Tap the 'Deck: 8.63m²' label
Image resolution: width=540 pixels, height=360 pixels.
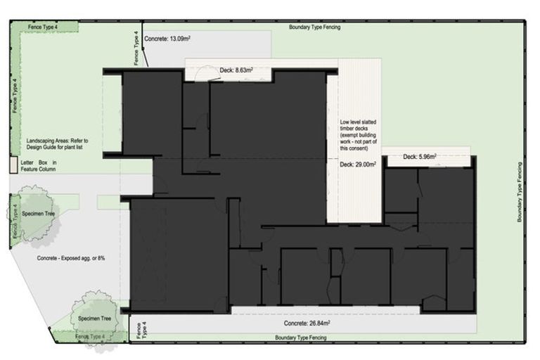(x=236, y=70)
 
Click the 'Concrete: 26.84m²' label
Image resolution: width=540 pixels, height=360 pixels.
(x=307, y=324)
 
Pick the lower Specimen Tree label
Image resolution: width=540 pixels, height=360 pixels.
(x=96, y=318)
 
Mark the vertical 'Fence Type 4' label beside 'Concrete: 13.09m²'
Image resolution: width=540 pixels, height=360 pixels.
(x=136, y=48)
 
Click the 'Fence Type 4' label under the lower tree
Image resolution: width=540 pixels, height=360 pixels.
(x=91, y=337)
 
